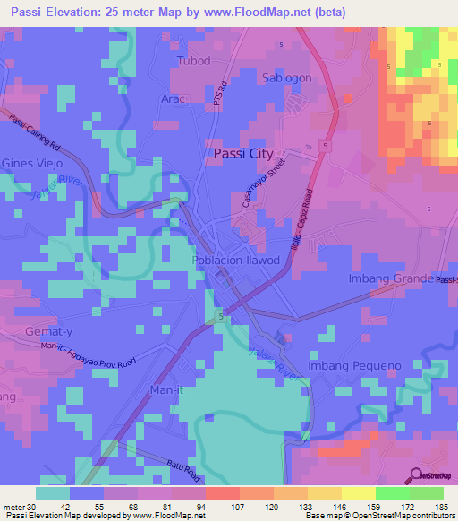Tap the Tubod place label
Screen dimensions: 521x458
(194, 61)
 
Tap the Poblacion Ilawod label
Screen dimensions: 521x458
(236, 260)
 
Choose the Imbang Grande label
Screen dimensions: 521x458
(389, 279)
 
